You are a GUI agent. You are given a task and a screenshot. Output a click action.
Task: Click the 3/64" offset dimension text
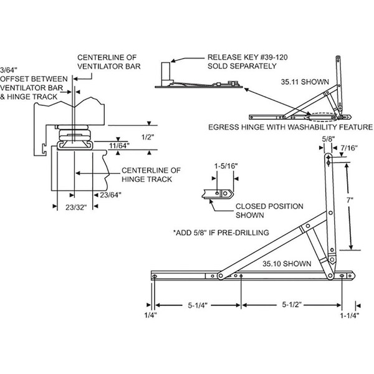8,70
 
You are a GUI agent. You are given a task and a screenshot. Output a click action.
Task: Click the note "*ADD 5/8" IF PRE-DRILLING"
221,233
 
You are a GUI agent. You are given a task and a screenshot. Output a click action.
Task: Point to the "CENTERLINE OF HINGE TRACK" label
150,174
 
